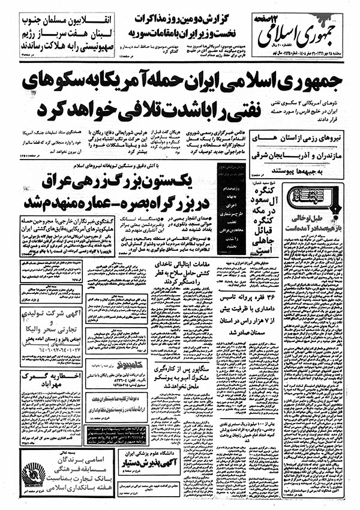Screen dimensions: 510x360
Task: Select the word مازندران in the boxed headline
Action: [x=317, y=153]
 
